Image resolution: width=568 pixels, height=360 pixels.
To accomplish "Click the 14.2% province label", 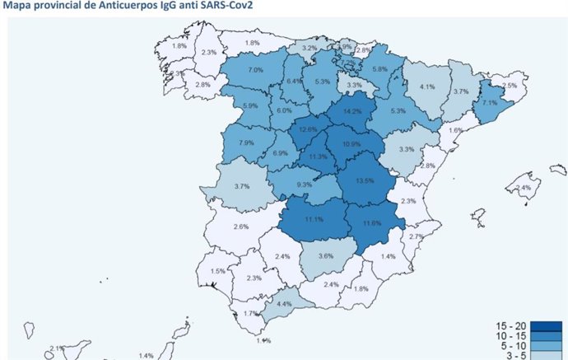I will tap(352, 111).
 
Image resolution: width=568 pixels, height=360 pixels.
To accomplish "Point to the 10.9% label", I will tap(351, 143).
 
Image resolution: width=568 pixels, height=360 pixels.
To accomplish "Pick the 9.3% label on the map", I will tap(304, 185).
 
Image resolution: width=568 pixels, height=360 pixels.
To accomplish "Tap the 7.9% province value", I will tap(245, 143).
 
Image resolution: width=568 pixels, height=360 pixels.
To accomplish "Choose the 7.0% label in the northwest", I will tap(255, 70).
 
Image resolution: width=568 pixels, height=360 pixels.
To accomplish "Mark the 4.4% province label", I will tap(284, 304).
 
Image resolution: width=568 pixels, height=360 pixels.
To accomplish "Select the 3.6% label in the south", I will tap(326, 256).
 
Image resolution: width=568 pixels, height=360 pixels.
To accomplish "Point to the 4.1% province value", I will tap(426, 86).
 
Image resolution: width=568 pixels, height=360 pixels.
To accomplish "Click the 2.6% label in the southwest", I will tap(241, 226).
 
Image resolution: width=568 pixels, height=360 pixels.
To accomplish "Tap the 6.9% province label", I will tap(280, 153).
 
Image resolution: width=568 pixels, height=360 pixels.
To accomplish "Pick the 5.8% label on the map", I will tap(379, 70).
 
